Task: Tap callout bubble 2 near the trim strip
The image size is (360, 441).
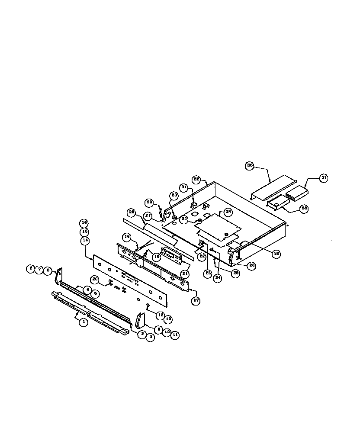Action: pos(141,334)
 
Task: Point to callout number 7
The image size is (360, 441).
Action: pos(39,269)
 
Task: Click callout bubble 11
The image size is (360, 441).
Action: pos(175,335)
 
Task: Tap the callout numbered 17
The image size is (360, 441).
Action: pos(196,301)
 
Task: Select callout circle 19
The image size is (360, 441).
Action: pos(127,237)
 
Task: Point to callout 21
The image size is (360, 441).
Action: pos(185,274)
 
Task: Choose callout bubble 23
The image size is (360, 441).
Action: pos(208,274)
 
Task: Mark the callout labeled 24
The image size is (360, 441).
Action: pos(218,279)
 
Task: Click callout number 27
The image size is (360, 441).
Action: pos(148,215)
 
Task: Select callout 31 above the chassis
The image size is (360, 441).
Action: pos(184,187)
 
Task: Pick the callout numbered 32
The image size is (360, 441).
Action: pos(197,178)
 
